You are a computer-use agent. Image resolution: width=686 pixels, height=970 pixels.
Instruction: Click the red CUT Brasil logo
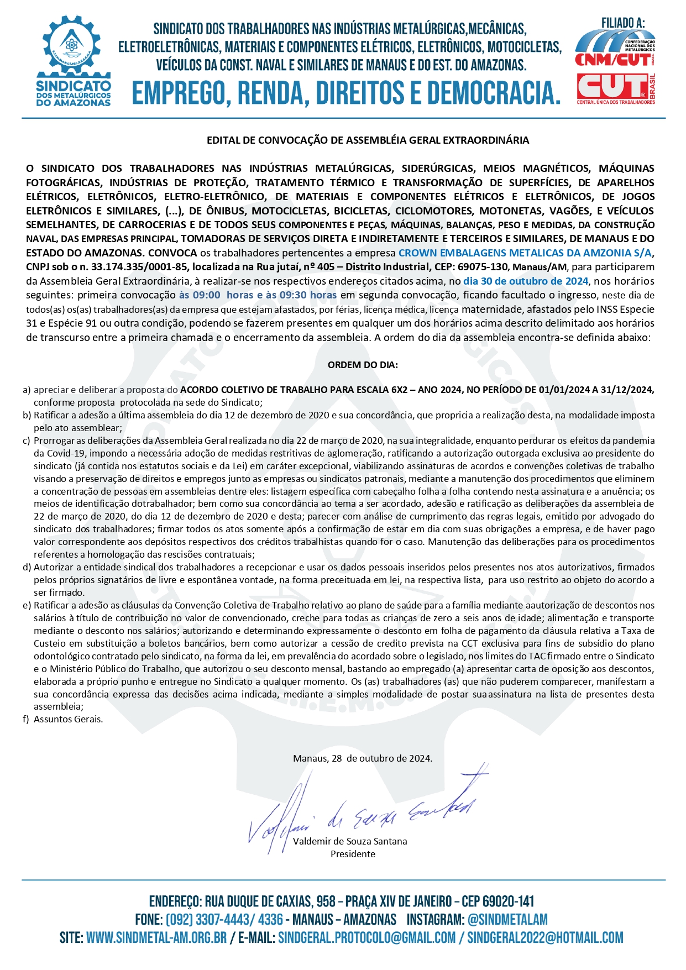click(x=615, y=87)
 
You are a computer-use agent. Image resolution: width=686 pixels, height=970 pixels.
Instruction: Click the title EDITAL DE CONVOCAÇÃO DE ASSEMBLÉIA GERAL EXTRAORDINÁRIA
click(x=368, y=140)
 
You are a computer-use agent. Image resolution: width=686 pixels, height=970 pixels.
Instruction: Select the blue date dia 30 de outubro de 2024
click(x=526, y=281)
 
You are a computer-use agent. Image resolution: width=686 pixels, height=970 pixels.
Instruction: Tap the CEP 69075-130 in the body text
click(x=483, y=267)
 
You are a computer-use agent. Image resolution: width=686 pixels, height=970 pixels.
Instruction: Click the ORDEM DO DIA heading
click(x=363, y=365)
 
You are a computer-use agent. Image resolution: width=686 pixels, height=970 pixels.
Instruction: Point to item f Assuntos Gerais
click(x=68, y=719)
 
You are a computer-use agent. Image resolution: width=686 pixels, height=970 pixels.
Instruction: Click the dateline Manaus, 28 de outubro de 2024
click(x=363, y=758)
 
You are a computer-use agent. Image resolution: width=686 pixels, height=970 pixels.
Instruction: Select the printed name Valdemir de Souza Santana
click(x=350, y=841)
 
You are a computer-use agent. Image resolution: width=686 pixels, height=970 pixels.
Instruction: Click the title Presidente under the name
click(x=353, y=854)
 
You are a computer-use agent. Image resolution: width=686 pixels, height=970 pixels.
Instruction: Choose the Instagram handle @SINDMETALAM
click(x=507, y=919)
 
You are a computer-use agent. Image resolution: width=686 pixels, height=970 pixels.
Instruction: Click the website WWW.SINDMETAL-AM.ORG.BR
click(x=156, y=938)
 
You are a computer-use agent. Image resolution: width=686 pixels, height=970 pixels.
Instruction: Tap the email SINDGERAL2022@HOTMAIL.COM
click(x=545, y=938)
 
